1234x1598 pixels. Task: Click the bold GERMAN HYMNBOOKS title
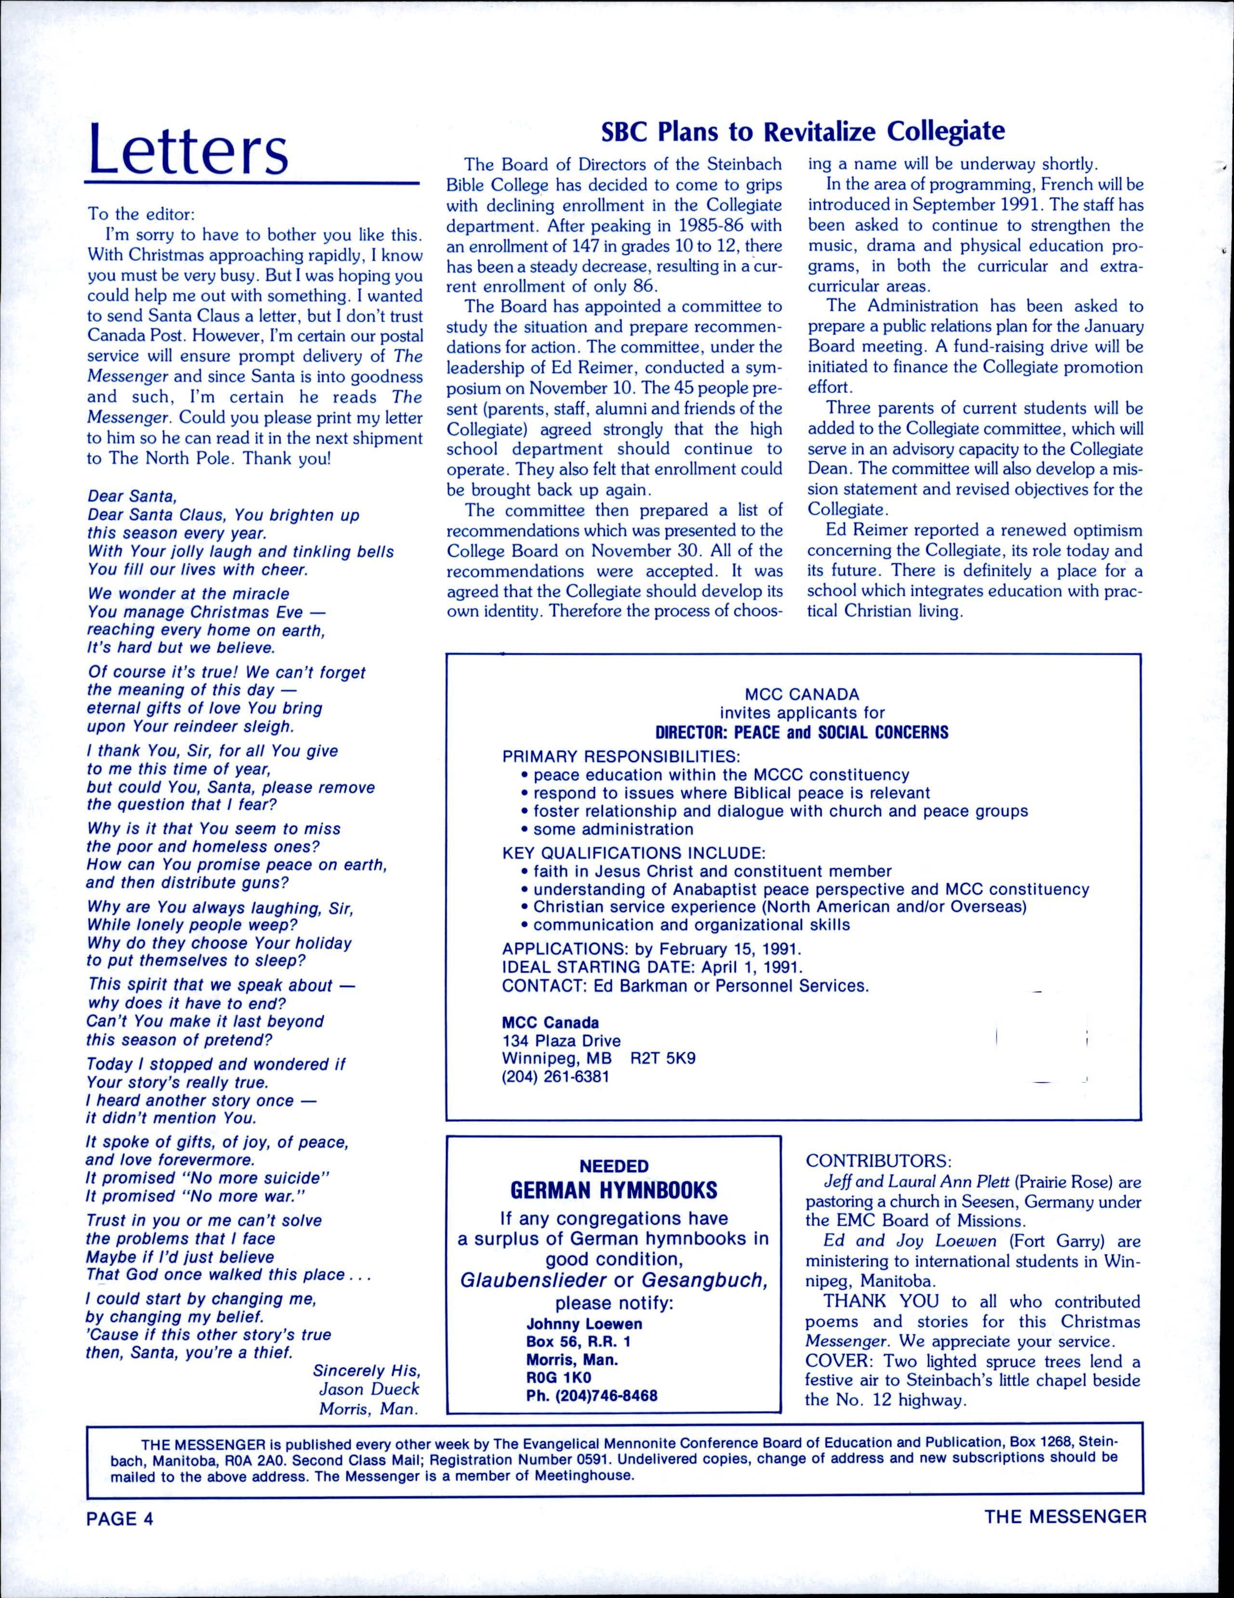click(613, 1190)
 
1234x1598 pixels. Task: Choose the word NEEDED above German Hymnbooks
click(614, 1165)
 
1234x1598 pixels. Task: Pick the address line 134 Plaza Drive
click(561, 1041)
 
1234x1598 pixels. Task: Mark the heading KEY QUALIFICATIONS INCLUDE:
click(633, 853)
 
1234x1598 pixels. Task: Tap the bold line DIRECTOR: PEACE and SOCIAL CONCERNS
click(801, 732)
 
